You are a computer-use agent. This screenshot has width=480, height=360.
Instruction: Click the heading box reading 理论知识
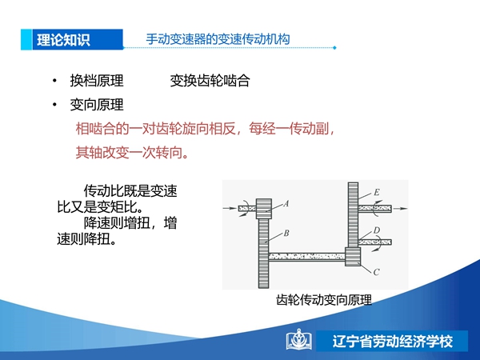(x=72, y=39)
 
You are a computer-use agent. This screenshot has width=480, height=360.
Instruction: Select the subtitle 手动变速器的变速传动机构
(x=218, y=39)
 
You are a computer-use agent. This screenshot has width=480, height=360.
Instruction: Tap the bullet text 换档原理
(x=97, y=81)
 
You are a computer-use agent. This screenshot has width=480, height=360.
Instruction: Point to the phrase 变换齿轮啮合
(x=210, y=81)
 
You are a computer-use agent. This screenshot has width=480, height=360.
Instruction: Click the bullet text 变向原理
(x=97, y=105)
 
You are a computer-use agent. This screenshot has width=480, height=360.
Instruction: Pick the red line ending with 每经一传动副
(x=205, y=129)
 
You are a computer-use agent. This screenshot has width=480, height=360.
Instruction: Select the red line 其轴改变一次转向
(x=132, y=152)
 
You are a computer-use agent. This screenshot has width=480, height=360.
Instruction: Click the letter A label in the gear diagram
(x=286, y=203)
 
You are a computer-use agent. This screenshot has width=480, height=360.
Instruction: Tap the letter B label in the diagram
(x=286, y=234)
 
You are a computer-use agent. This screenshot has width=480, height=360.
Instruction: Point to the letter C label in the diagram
(x=377, y=272)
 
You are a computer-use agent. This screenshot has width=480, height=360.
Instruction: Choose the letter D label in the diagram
(x=377, y=230)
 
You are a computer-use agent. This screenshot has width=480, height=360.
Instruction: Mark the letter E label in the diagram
(x=377, y=192)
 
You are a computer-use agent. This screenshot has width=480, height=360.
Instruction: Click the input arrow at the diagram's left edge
(x=230, y=209)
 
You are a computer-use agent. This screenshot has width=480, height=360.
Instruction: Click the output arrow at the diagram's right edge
(x=401, y=209)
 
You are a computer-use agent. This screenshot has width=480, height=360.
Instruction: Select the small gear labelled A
(x=263, y=209)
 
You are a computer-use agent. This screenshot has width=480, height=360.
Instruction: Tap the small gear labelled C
(x=353, y=257)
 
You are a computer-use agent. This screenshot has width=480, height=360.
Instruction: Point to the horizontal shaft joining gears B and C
(x=307, y=257)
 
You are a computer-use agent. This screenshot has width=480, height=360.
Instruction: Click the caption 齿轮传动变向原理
(x=324, y=300)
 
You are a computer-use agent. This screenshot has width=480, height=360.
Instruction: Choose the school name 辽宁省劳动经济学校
(x=393, y=342)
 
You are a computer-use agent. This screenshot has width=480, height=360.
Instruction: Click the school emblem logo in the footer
(x=299, y=340)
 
